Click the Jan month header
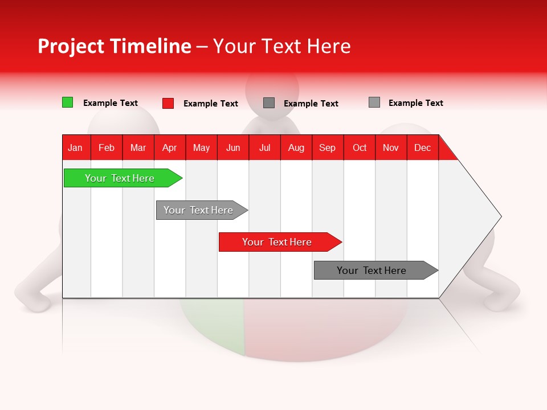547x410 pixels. click(x=75, y=147)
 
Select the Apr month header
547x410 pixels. click(x=169, y=147)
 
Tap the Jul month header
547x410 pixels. click(x=264, y=147)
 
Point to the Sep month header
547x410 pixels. click(x=327, y=147)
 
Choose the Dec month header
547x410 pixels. click(x=422, y=147)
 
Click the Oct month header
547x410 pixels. click(x=359, y=147)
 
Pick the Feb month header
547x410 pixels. click(x=107, y=147)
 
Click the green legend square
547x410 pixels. click(x=67, y=102)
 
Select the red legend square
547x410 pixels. click(x=168, y=103)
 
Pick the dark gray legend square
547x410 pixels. click(x=269, y=103)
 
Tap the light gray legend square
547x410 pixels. click(x=374, y=102)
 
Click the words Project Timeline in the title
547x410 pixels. click(x=114, y=46)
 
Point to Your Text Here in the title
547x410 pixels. click(x=281, y=46)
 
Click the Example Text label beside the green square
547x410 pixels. click(x=111, y=103)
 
